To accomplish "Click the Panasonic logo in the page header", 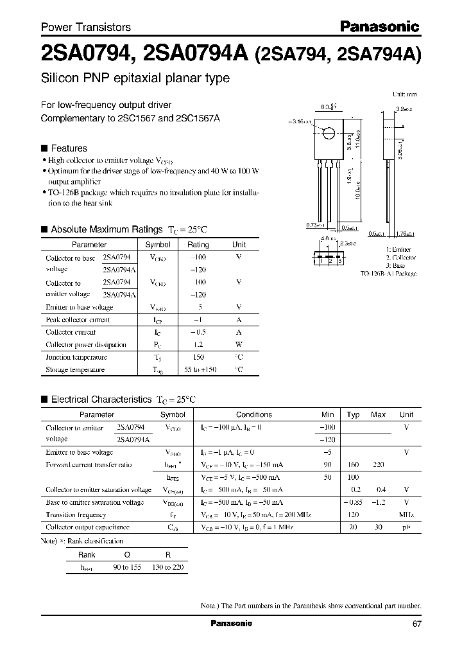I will (379, 26).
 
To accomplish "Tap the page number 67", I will (416, 623).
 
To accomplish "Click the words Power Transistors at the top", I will (86, 27).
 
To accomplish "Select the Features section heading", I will (69, 148).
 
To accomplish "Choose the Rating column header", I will (198, 245).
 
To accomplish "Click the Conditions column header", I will (254, 415).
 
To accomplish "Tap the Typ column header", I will (353, 415).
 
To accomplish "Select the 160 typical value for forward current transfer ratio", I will (353, 464).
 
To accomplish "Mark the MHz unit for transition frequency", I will (406, 514).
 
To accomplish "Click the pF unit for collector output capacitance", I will (406, 527).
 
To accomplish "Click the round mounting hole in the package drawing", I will (328, 134).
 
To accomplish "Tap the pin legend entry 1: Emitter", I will (399, 249).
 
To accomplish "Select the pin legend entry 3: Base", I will (396, 265).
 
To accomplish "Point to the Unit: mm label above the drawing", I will (404, 94).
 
